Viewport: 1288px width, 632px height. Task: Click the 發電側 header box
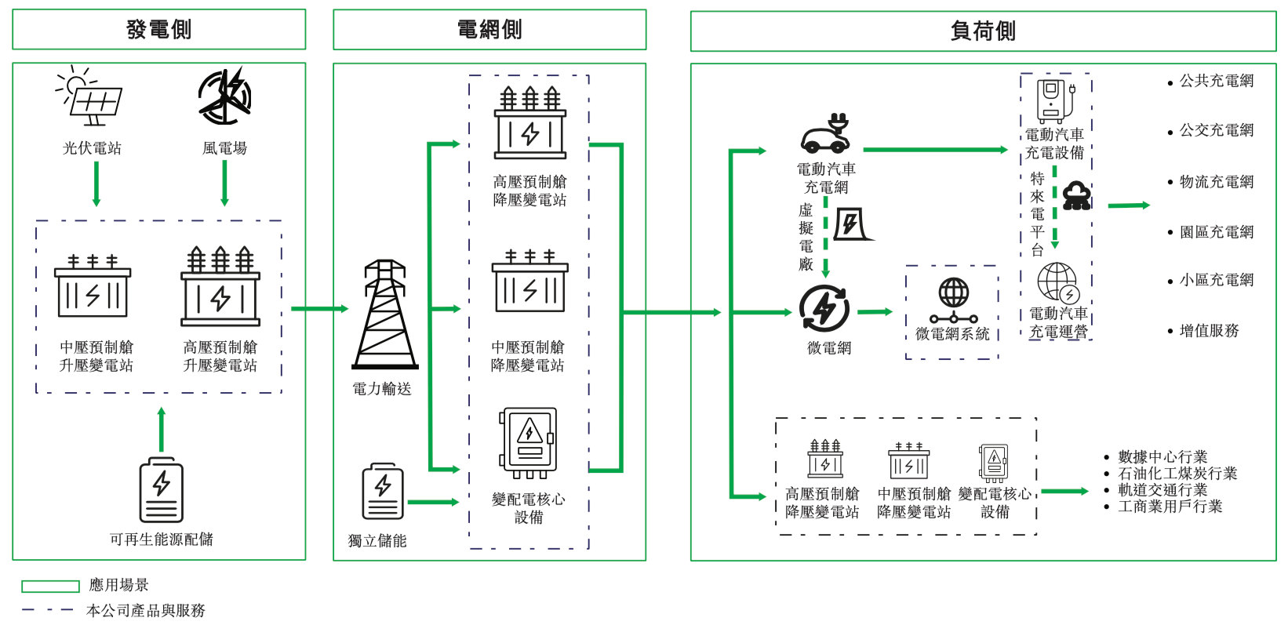pos(158,30)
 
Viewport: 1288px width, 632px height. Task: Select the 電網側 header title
pos(489,30)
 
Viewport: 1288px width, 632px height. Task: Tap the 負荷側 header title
pos(982,31)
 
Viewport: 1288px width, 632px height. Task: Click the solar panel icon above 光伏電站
pos(91,97)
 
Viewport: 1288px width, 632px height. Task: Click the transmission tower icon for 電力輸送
pos(384,315)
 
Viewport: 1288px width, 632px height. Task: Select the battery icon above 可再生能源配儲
pos(161,490)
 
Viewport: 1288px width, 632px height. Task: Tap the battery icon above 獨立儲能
pos(383,492)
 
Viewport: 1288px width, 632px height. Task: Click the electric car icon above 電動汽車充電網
pos(825,134)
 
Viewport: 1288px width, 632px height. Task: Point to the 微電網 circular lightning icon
pos(824,309)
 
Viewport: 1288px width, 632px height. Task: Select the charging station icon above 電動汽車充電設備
pos(1053,100)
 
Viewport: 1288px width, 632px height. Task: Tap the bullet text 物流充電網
pos(1216,182)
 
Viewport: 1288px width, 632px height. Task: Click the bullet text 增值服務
pos(1209,331)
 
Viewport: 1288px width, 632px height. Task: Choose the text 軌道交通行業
pos(1162,490)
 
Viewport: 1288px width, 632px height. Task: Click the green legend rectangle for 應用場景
pos(50,587)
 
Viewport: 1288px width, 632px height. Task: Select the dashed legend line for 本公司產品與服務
pos(48,610)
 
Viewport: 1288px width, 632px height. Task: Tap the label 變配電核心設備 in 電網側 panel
pos(528,508)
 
